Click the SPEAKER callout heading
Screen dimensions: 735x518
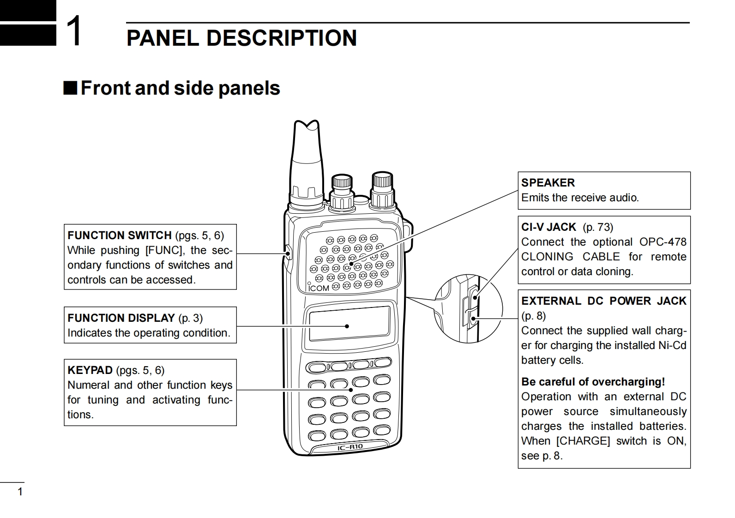click(x=548, y=183)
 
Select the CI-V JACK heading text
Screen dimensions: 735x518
click(x=548, y=227)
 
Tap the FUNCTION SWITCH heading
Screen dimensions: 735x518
click(x=120, y=235)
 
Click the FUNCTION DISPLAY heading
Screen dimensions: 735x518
click(x=121, y=318)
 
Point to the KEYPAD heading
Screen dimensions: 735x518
click(x=90, y=370)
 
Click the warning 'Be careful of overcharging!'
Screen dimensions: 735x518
click(x=593, y=382)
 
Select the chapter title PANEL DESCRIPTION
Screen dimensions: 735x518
click(x=241, y=38)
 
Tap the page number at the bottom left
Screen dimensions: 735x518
click(x=20, y=492)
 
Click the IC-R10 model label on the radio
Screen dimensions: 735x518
click(x=350, y=447)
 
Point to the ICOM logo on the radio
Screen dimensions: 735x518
click(x=319, y=288)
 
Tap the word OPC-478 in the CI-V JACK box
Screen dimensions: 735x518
click(x=663, y=242)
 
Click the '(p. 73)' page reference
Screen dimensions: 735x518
click(x=598, y=227)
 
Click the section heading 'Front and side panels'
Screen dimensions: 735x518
click(x=180, y=88)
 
